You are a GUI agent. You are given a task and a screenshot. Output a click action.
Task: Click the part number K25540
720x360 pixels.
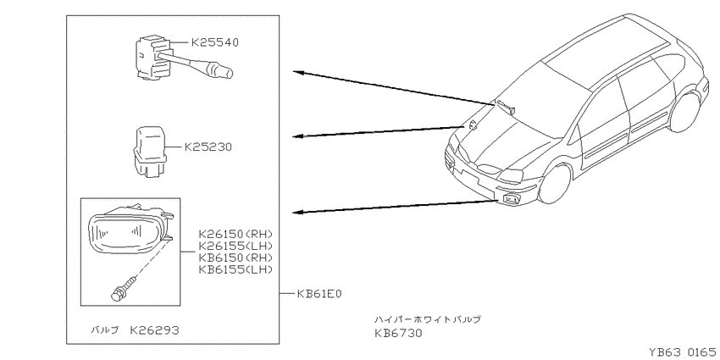point(215,42)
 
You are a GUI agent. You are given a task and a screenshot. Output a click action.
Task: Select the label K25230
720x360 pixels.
point(208,147)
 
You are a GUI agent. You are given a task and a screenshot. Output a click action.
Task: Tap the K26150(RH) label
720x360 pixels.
point(235,234)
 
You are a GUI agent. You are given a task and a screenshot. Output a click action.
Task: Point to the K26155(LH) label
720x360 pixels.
point(235,246)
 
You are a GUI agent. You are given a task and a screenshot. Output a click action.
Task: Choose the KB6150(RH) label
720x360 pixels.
point(235,258)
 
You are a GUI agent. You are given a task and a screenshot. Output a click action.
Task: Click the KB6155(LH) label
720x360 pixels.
point(235,269)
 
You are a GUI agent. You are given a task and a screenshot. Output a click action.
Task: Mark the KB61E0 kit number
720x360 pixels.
point(319,293)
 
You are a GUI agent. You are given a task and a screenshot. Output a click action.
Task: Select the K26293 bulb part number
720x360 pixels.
point(154,330)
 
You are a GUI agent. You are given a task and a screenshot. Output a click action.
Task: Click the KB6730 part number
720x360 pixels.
point(397,333)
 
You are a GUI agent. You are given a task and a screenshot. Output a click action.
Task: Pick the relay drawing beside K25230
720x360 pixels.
point(150,152)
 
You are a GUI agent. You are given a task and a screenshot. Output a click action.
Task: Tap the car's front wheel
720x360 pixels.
point(555,183)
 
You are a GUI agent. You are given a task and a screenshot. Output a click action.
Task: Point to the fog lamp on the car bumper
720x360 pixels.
point(511,199)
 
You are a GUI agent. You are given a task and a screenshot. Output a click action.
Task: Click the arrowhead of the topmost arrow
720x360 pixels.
point(298,72)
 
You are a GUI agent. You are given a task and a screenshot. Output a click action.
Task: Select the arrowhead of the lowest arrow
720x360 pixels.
point(298,212)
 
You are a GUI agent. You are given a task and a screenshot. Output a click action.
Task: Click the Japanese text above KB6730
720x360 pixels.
point(428,319)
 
